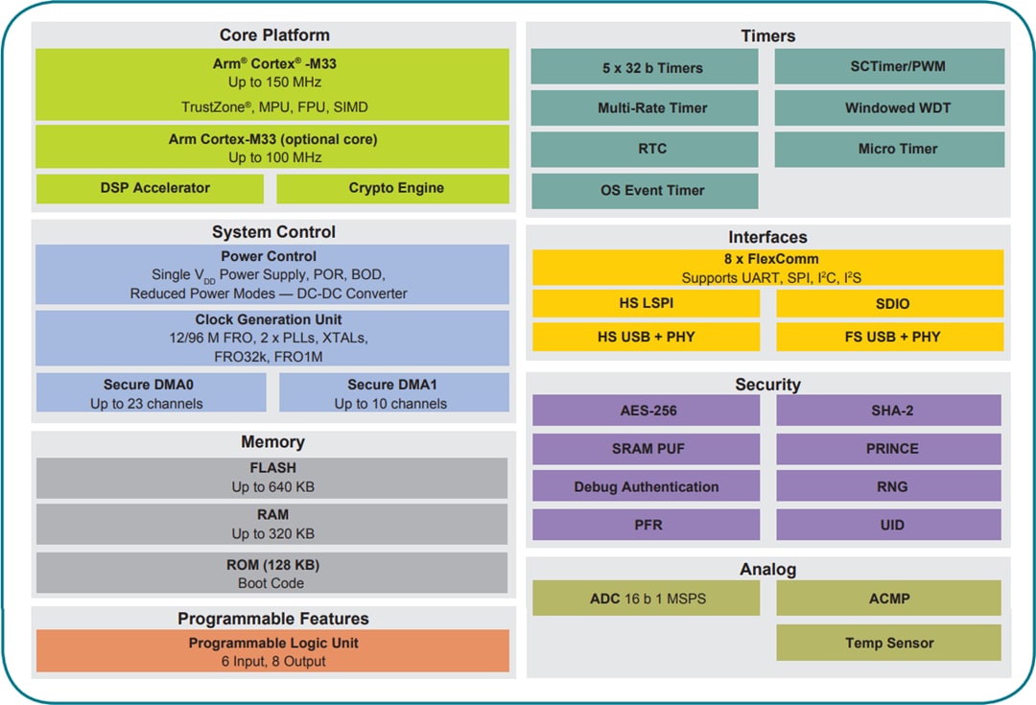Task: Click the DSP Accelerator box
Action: (150, 189)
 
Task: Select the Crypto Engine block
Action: (393, 189)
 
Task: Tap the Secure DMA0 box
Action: (151, 393)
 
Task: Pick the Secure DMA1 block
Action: (393, 393)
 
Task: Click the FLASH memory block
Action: (271, 478)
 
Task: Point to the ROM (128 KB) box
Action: (271, 574)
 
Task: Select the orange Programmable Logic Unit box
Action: (271, 651)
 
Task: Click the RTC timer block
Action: (645, 150)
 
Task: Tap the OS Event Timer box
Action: (645, 191)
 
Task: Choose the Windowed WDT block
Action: (889, 108)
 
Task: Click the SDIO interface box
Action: (889, 304)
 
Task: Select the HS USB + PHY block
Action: (645, 338)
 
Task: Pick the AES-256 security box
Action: (645, 411)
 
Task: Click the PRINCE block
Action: (889, 449)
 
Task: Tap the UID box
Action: (889, 526)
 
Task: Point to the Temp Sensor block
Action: (889, 643)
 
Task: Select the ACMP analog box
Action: (889, 599)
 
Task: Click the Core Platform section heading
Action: (274, 35)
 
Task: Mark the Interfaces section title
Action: (767, 237)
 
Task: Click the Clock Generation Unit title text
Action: (269, 319)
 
